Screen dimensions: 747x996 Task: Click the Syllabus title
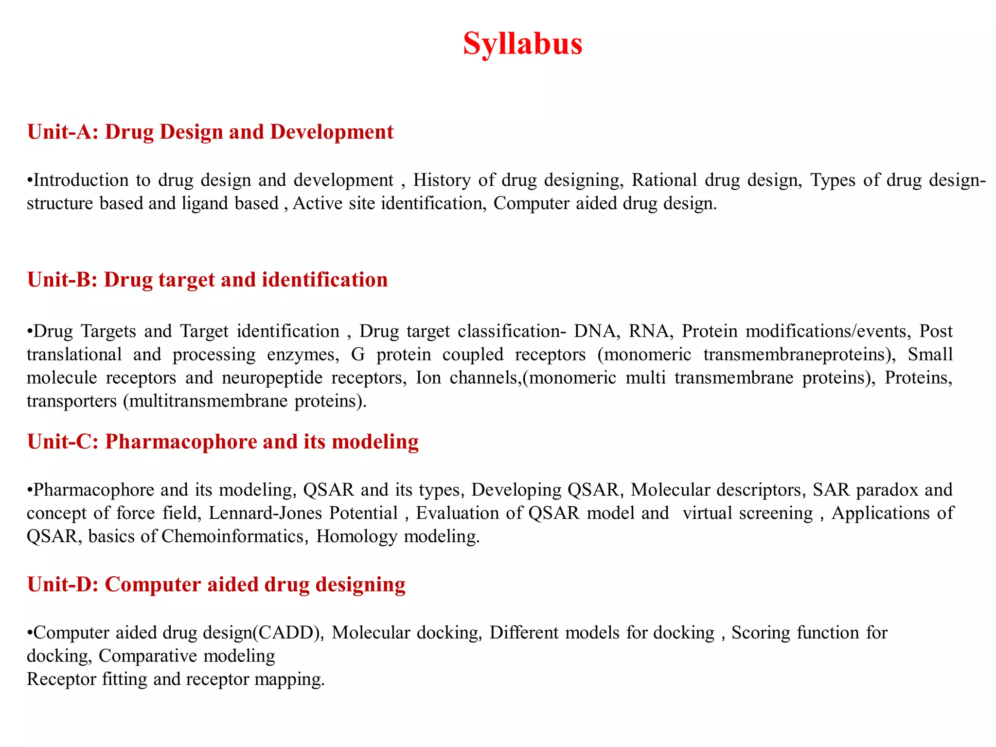pyautogui.click(x=522, y=44)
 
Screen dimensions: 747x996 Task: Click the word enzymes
pyautogui.click(x=302, y=355)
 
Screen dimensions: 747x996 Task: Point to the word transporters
pyautogui.click(x=71, y=401)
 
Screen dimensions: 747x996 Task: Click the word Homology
pyautogui.click(x=356, y=536)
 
